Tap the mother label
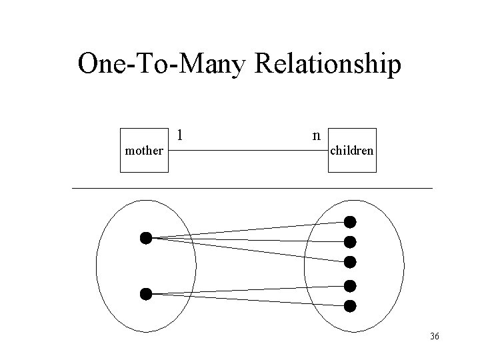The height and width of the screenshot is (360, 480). (x=143, y=151)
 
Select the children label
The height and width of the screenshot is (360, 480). (x=352, y=151)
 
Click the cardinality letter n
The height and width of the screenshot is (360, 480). (x=315, y=135)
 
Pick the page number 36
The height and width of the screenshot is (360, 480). (x=435, y=337)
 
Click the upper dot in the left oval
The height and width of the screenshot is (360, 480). (x=146, y=237)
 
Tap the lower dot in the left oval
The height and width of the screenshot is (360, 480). (x=146, y=293)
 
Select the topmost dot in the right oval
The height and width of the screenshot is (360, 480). (x=350, y=221)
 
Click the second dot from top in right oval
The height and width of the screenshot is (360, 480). (x=350, y=241)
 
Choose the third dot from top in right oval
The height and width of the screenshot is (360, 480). (x=350, y=261)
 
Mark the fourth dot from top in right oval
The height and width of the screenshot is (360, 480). (x=350, y=286)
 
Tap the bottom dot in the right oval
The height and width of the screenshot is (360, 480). (x=350, y=306)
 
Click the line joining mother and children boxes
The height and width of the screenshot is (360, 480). (x=247, y=151)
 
